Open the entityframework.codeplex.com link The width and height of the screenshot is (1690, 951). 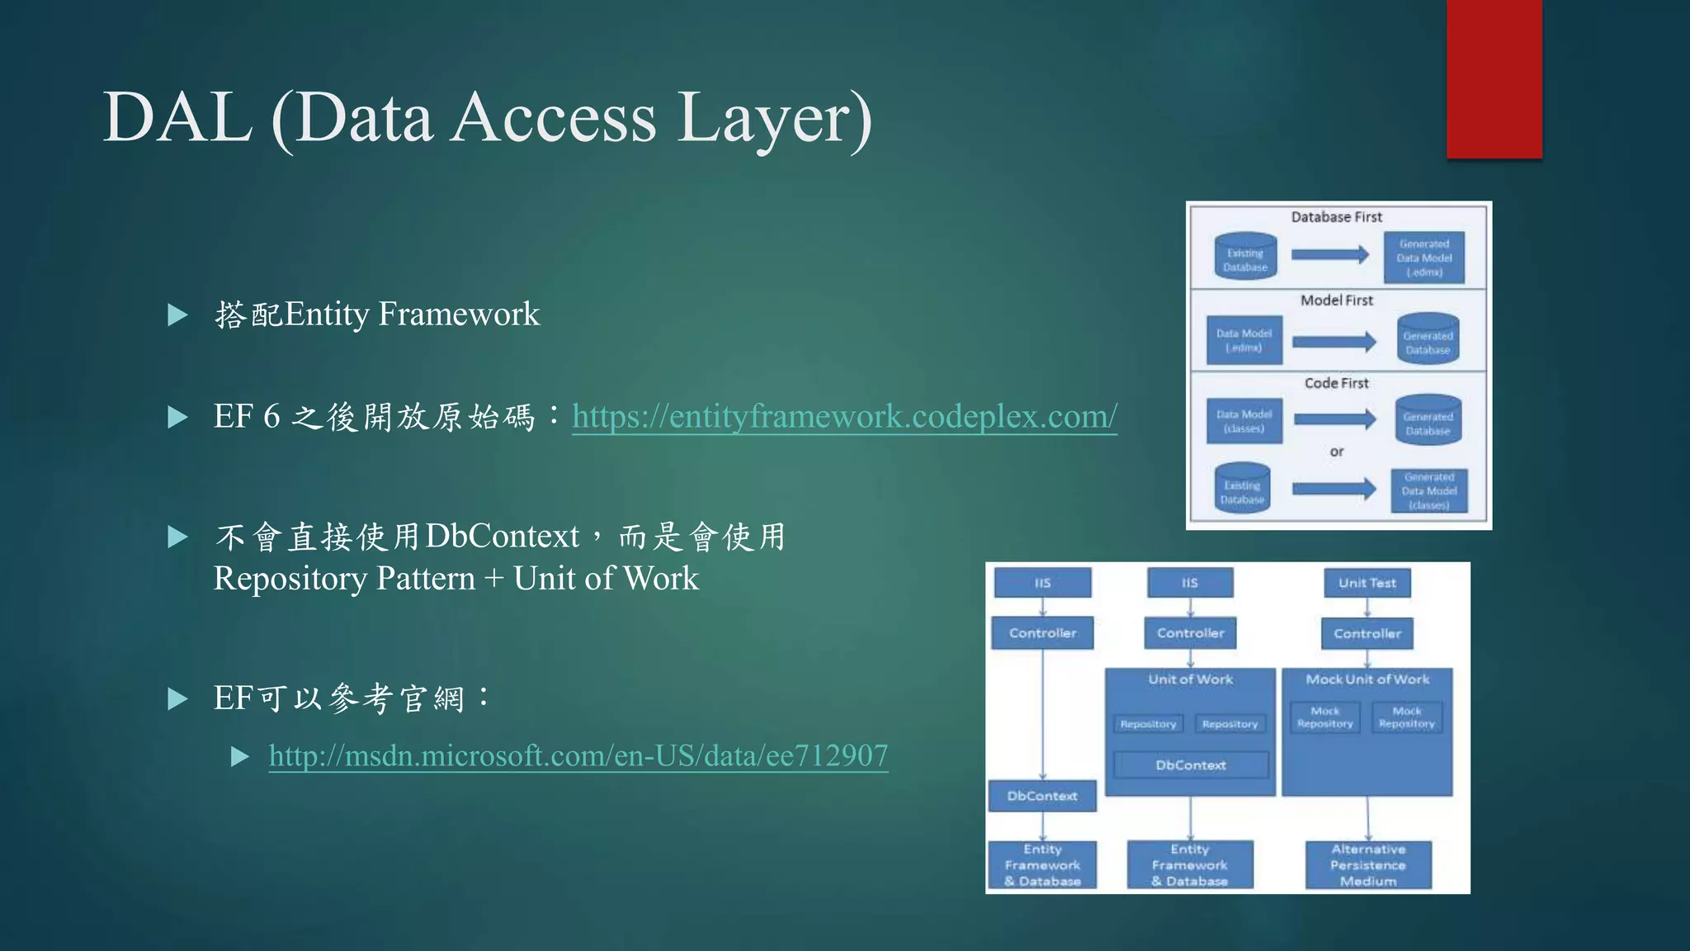coord(844,417)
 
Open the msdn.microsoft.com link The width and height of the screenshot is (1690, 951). coord(578,756)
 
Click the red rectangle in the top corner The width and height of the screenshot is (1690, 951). coord(1494,78)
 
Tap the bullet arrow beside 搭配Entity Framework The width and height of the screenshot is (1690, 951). coord(177,315)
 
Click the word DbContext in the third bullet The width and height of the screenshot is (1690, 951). coord(503,537)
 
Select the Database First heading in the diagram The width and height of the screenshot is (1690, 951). coord(1336,217)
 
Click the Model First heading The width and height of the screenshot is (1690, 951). coord(1336,300)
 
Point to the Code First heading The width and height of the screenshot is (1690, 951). coord(1336,383)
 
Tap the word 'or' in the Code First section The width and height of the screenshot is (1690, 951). coord(1336,452)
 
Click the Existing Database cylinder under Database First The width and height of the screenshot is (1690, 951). coord(1245,258)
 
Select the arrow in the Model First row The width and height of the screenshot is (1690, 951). coord(1334,341)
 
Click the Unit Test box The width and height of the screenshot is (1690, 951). coord(1367,583)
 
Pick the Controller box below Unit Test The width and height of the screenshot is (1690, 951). coord(1367,634)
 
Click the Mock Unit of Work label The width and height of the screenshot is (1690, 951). coord(1367,679)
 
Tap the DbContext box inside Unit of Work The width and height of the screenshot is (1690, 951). coord(1190,765)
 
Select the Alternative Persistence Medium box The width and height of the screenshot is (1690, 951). coord(1367,865)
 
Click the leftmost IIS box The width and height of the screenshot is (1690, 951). coord(1042,583)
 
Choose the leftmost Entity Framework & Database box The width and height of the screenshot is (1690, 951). coord(1042,865)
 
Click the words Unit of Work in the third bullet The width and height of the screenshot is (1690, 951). coord(606,579)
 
